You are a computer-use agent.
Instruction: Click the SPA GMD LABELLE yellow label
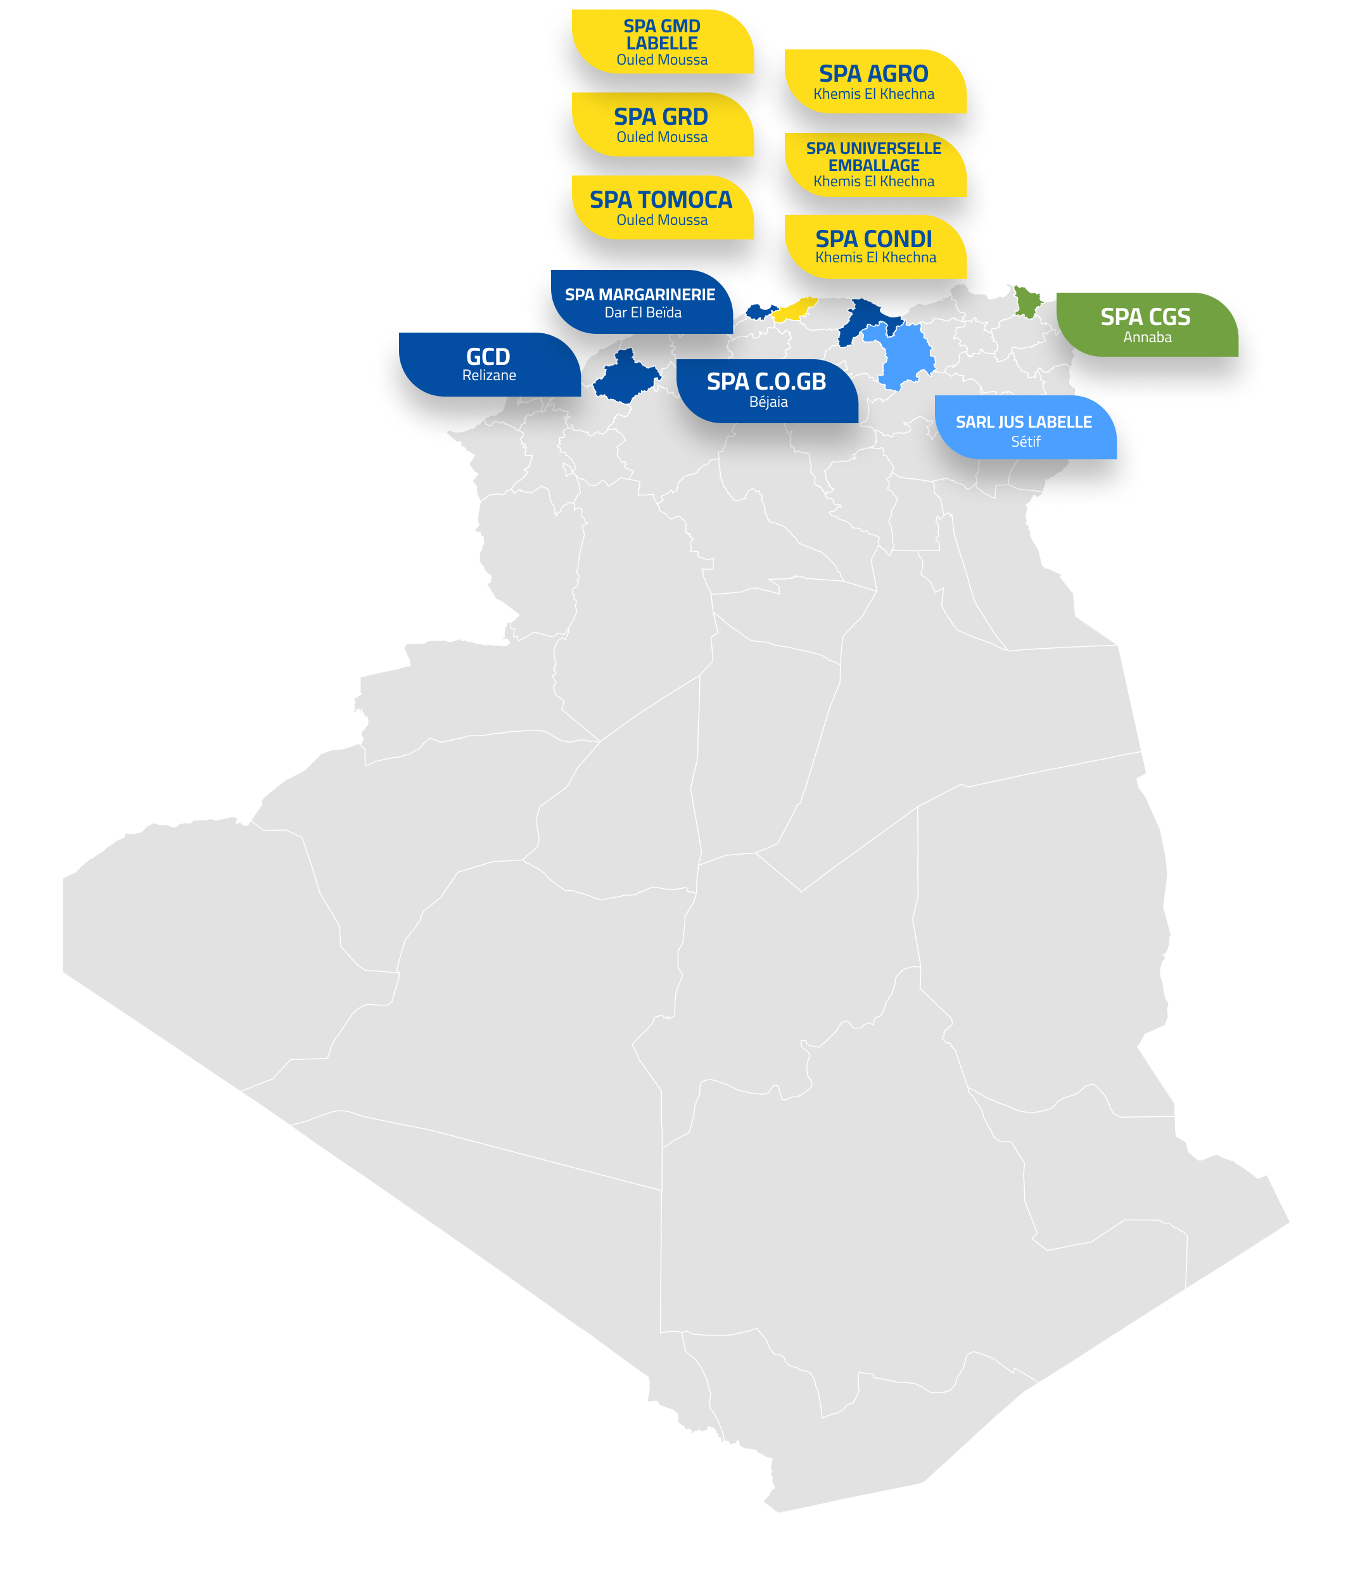pos(662,42)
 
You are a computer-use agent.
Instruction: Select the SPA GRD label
pos(662,125)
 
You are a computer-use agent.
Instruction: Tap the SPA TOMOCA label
pos(662,208)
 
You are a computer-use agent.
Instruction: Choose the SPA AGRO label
pos(875,81)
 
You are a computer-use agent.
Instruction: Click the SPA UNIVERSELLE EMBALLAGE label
pos(875,165)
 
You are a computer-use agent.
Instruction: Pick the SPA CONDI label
pos(875,247)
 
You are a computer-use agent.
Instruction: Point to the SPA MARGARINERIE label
pos(642,302)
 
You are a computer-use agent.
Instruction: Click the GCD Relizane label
pos(490,364)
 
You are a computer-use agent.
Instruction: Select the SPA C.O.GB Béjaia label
pos(767,391)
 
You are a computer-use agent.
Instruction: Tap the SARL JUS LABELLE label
pos(1026,427)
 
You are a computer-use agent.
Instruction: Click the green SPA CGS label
pos(1147,324)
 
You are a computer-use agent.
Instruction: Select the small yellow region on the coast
pos(795,309)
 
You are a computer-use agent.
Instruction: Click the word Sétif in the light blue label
pos(1026,441)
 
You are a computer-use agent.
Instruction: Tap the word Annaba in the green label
pos(1147,337)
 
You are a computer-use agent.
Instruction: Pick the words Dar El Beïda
pos(643,312)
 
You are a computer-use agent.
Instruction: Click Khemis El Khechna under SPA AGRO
pos(874,94)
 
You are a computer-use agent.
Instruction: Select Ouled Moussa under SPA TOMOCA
pos(662,220)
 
